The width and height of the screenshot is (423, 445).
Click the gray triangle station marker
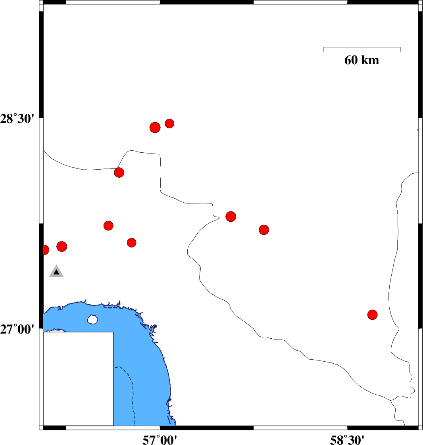click(56, 272)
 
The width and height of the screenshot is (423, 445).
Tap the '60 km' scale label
click(361, 60)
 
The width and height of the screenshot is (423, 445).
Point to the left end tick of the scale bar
click(324, 49)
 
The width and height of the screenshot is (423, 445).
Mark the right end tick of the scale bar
click(400, 49)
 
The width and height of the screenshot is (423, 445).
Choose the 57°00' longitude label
click(160, 439)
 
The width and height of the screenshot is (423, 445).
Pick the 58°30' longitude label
click(347, 439)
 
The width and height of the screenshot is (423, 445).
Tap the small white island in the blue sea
click(92, 319)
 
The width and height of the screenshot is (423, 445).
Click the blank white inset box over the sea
click(78, 379)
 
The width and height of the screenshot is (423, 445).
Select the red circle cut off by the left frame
click(45, 250)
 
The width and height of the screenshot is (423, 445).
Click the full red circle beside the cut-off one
click(62, 246)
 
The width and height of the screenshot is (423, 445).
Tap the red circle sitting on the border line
click(119, 172)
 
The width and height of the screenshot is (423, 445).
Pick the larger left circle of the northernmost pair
click(155, 127)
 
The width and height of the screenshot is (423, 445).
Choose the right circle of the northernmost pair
click(169, 123)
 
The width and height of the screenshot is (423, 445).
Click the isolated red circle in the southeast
click(372, 315)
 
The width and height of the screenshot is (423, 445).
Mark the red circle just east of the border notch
click(231, 216)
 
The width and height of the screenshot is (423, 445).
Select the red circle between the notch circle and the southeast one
click(264, 230)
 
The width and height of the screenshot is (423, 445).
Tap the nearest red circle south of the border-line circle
click(108, 226)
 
